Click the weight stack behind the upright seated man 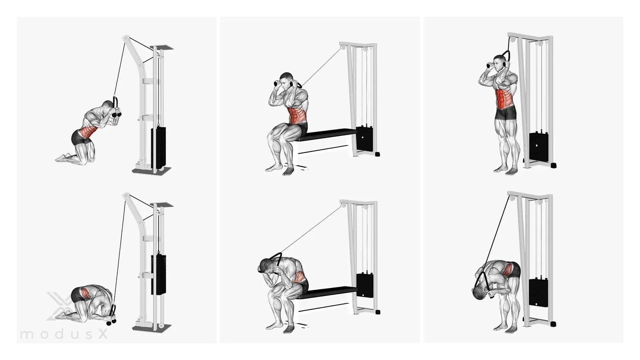pyautogui.click(x=365, y=137)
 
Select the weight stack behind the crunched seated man pyautogui.click(x=365, y=295)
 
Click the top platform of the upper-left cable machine pyautogui.click(x=162, y=48)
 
